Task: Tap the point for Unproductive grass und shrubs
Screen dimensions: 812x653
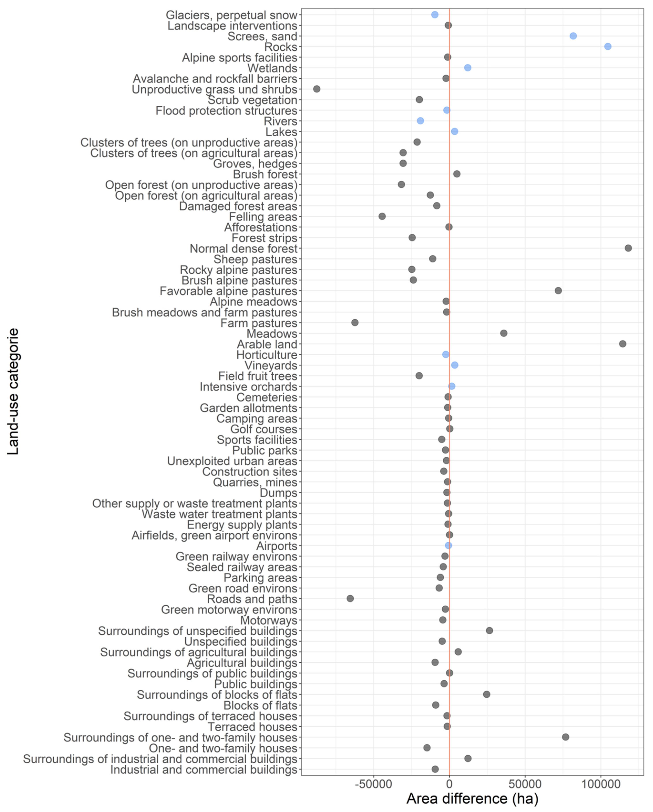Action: coord(317,89)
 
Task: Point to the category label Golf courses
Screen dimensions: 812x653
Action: coord(264,429)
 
